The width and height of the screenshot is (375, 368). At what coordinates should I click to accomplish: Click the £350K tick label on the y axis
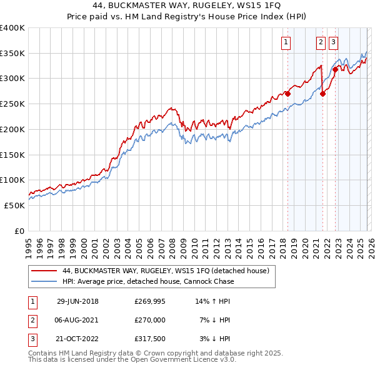pyautogui.click(x=12, y=54)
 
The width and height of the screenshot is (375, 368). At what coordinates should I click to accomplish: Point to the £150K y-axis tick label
pyautogui.click(x=12, y=155)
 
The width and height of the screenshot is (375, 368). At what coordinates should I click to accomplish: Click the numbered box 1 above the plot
pyautogui.click(x=286, y=42)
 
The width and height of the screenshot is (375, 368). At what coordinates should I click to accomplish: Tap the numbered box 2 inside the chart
pyautogui.click(x=321, y=42)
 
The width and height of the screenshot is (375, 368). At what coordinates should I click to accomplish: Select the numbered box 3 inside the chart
pyautogui.click(x=333, y=42)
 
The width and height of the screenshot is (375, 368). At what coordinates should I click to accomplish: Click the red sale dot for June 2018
pyautogui.click(x=288, y=94)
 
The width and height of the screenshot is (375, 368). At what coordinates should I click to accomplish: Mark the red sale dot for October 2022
pyautogui.click(x=336, y=70)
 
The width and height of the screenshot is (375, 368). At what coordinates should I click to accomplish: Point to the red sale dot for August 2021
pyautogui.click(x=322, y=94)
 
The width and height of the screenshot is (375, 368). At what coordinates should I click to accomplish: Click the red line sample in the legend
pyautogui.click(x=43, y=271)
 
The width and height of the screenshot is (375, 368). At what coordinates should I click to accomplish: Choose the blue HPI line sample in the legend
pyautogui.click(x=43, y=282)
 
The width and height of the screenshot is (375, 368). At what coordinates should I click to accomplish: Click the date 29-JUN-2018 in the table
pyautogui.click(x=77, y=301)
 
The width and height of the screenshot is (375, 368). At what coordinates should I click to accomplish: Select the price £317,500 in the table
pyautogui.click(x=150, y=339)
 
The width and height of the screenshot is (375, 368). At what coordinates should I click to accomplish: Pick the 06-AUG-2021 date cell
pyautogui.click(x=77, y=320)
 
